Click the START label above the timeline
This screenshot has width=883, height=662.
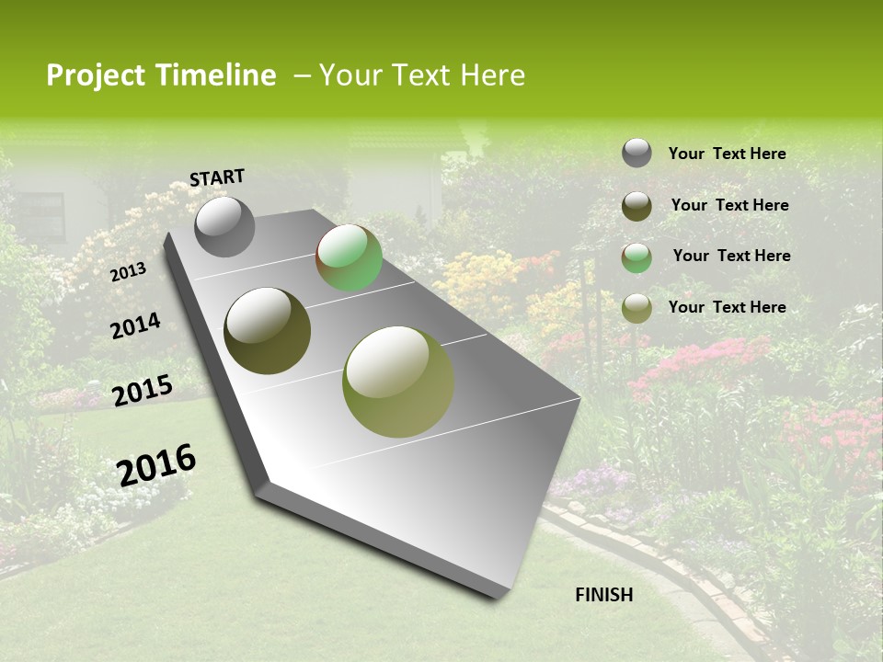point(217,177)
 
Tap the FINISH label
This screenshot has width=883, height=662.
point(603,595)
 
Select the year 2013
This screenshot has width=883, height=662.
point(128,271)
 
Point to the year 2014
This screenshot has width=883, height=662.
point(135,325)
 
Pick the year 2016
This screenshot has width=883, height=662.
point(156,465)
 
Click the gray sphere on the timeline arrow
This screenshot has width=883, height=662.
point(224,227)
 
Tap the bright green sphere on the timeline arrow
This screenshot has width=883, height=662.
point(349,257)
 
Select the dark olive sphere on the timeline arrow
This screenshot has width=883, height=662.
point(267,331)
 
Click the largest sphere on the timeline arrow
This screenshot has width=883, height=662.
point(397,382)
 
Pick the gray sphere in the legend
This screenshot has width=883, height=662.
point(636,153)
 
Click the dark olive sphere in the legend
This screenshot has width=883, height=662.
point(636,206)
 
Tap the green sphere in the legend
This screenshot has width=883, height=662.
point(636,257)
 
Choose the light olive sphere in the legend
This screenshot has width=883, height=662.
point(636,308)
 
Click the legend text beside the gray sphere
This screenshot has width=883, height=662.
point(727,154)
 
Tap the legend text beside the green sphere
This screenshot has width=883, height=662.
point(731,256)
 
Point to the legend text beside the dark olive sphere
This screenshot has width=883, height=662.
point(729,205)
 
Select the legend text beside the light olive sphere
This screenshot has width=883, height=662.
point(727,307)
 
